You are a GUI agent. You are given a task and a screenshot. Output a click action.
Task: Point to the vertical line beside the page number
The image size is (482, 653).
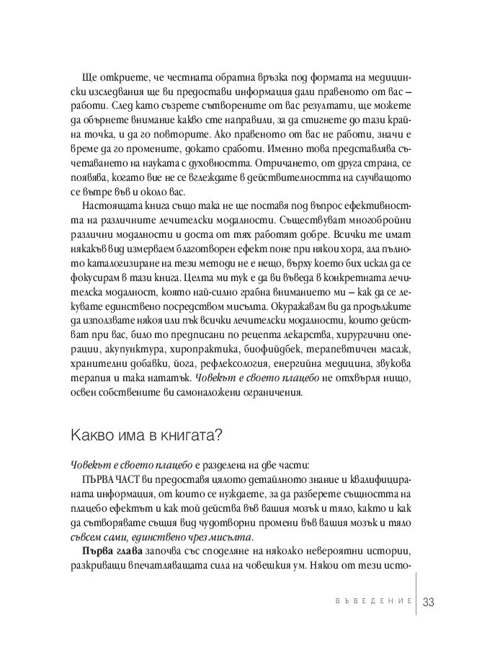(416, 601)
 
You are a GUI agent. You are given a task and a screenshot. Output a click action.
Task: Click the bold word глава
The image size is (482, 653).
(125, 551)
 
